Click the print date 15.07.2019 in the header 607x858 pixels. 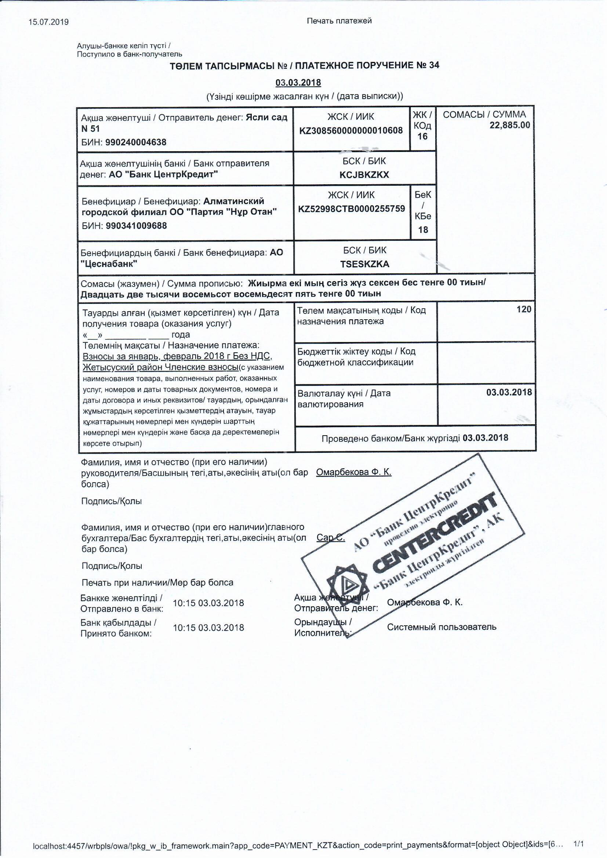tap(48, 22)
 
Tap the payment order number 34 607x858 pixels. tap(434, 65)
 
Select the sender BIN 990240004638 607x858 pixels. tap(136, 142)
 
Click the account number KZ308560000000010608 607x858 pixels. tap(351, 131)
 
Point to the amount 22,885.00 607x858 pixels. tap(510, 125)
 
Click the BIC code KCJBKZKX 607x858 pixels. tap(364, 175)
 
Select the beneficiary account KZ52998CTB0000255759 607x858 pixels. tap(351, 209)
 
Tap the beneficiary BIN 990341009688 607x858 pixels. tap(137, 226)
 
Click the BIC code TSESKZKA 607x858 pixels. tap(365, 264)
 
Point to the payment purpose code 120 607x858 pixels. tap(524, 309)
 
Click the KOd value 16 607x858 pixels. tap(422, 137)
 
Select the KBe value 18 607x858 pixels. tap(423, 230)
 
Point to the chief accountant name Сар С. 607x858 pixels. tap(330, 537)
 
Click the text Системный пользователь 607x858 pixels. tap(441, 627)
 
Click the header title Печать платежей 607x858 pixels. tap(339, 21)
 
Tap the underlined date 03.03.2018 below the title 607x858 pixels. tap(298, 83)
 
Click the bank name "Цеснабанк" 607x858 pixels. tap(109, 264)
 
